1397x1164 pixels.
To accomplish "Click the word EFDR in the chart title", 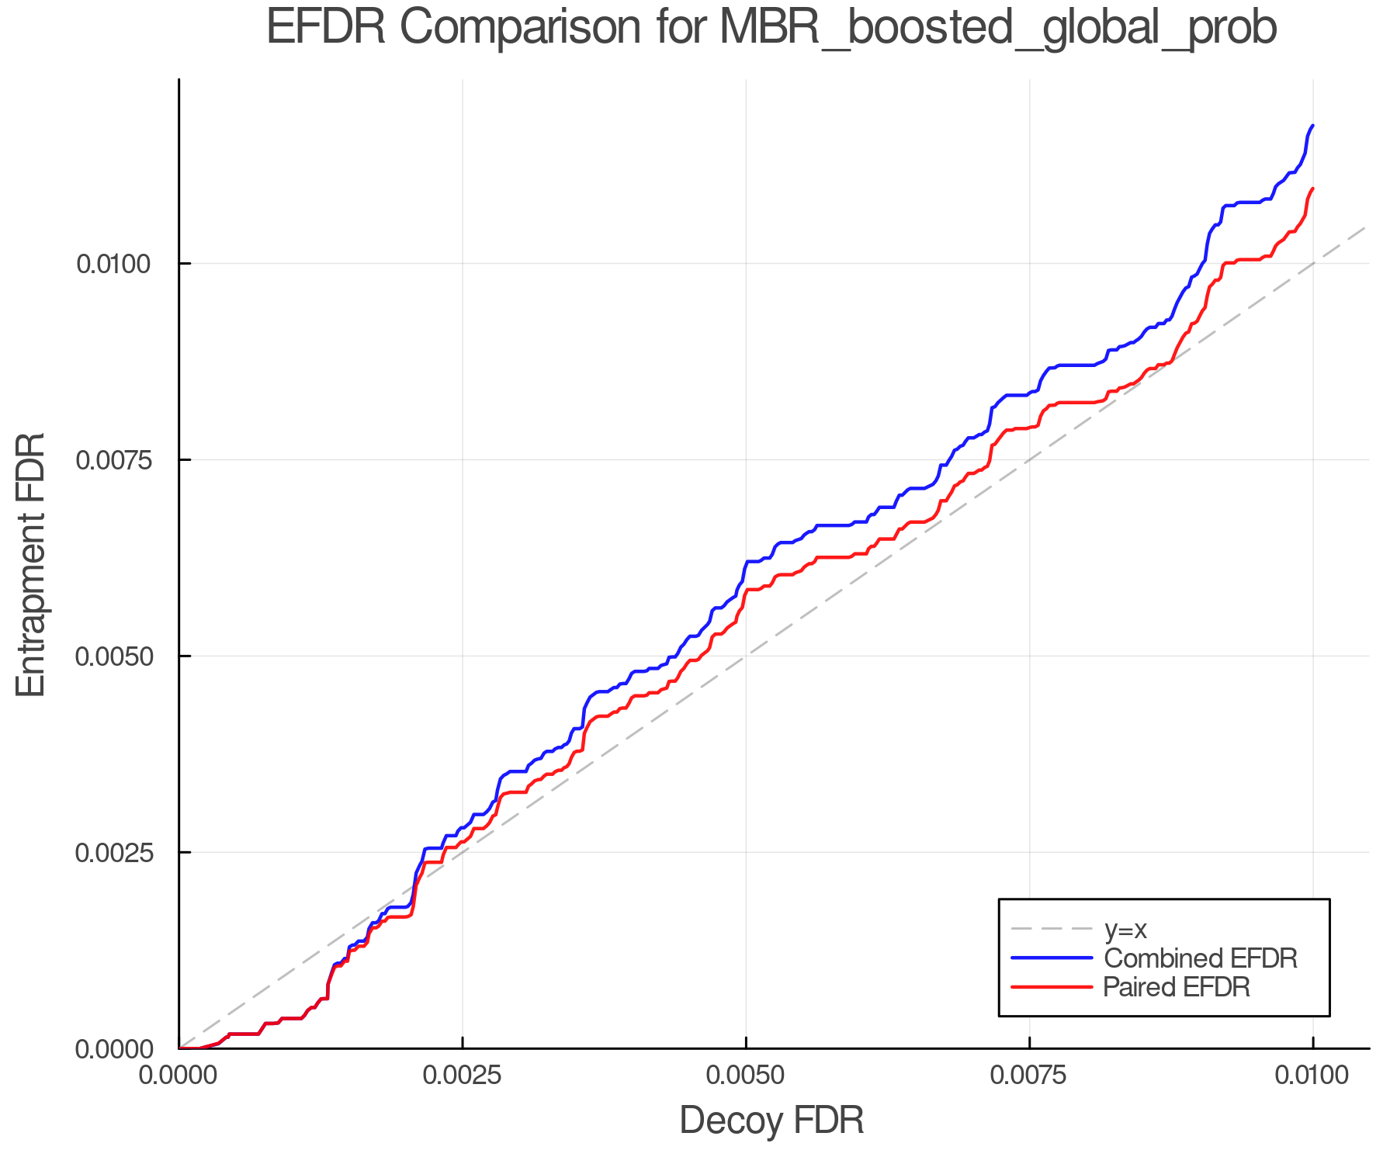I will (325, 28).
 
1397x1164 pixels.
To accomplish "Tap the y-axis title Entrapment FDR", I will (31, 564).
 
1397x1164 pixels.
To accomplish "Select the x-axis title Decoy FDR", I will (771, 1121).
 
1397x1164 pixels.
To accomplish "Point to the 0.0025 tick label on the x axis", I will (463, 1076).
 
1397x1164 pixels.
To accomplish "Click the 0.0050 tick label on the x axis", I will (746, 1076).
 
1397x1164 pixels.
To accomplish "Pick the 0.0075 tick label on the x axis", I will (1029, 1076).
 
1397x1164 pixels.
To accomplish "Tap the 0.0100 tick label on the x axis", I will (1312, 1076).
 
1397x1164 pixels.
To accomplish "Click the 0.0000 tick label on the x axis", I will (179, 1076).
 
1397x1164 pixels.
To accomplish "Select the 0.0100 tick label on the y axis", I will (113, 264).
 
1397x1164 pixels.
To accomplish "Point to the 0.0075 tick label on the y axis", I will (113, 460).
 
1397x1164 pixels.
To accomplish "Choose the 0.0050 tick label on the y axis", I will (113, 656).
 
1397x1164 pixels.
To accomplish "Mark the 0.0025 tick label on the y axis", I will (113, 853).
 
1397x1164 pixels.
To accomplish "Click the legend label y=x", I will (1125, 929).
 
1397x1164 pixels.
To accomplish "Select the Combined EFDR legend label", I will (1200, 958).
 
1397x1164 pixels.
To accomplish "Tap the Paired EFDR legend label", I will (1177, 987).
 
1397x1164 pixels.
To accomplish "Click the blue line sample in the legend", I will (1052, 958).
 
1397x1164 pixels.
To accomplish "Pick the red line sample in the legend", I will (1052, 987).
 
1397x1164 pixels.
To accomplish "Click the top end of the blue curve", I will (1312, 125).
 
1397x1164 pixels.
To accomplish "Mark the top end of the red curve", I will (1312, 189).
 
